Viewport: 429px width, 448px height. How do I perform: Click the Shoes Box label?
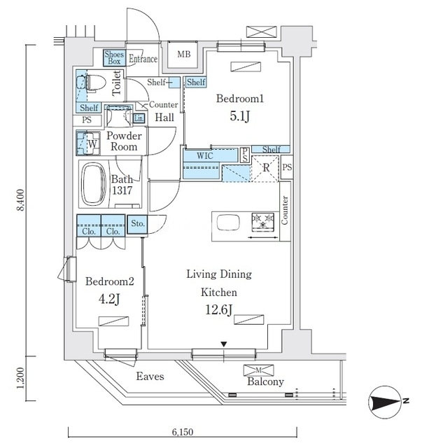(x=114, y=57)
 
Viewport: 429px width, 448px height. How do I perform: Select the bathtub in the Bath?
(x=94, y=184)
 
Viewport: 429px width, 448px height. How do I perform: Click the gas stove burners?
(x=263, y=221)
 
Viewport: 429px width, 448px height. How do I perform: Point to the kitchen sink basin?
(x=228, y=223)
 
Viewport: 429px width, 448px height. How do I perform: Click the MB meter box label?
(x=183, y=54)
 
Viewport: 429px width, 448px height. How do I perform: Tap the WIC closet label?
(x=205, y=156)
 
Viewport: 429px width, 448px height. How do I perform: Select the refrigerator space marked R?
(x=266, y=168)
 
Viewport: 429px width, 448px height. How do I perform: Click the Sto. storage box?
(x=138, y=224)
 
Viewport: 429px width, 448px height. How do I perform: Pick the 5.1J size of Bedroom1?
(x=239, y=116)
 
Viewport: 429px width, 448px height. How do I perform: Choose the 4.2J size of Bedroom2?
(x=109, y=299)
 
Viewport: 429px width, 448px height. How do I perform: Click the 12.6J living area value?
(x=219, y=309)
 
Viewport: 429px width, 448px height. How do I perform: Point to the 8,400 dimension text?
(x=20, y=200)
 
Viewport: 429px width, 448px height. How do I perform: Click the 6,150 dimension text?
(x=183, y=433)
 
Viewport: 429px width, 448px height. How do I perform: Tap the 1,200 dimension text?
(x=20, y=378)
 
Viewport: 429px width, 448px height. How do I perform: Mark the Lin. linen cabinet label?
(x=139, y=118)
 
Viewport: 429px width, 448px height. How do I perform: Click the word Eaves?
(x=150, y=377)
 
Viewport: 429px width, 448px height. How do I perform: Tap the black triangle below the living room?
(x=224, y=344)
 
